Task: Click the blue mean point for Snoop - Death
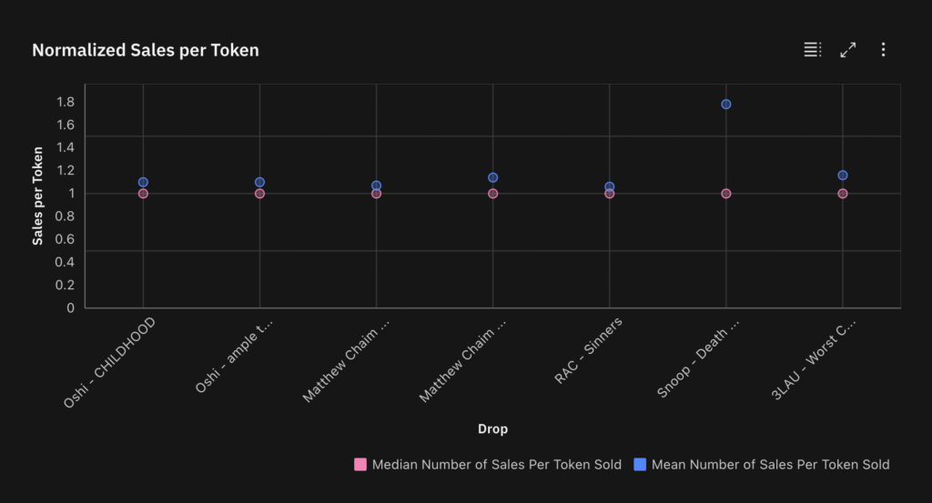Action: [x=726, y=105]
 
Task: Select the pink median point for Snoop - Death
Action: [x=726, y=194]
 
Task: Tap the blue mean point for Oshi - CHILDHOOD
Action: [x=143, y=183]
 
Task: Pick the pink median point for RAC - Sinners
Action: [x=610, y=194]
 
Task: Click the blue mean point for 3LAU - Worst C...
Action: [x=843, y=176]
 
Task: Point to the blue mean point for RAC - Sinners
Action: [x=610, y=187]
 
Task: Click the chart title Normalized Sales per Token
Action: [x=146, y=50]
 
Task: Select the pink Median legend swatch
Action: [x=360, y=465]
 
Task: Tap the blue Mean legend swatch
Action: [x=640, y=465]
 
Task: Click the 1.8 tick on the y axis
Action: [x=64, y=101]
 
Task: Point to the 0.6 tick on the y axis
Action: [x=64, y=239]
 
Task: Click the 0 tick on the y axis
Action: [x=70, y=307]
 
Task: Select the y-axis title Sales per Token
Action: [x=38, y=196]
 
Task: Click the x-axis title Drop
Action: [x=492, y=428]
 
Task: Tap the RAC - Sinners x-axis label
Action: [x=589, y=350]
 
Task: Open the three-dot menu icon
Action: [x=883, y=50]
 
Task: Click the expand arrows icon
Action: [x=848, y=50]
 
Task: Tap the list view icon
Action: [x=813, y=50]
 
